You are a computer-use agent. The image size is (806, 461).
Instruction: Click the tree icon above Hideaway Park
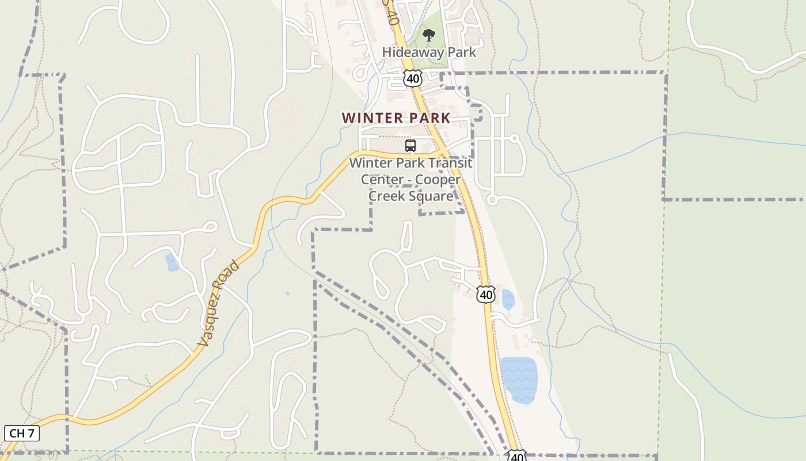pyautogui.click(x=428, y=36)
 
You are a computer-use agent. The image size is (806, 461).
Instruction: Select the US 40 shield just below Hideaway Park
pyautogui.click(x=413, y=78)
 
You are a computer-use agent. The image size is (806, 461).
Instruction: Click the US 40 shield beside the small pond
pyautogui.click(x=486, y=294)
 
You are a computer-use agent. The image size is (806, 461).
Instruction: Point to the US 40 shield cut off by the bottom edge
pyautogui.click(x=517, y=456)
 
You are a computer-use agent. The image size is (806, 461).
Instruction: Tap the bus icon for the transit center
pyautogui.click(x=410, y=146)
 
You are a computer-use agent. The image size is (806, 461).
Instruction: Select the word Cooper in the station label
pyautogui.click(x=438, y=180)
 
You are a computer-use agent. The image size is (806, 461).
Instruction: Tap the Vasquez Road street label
pyautogui.click(x=218, y=304)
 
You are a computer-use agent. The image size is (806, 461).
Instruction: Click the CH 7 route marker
pyautogui.click(x=22, y=433)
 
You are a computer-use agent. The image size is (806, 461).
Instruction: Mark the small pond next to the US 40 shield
pyautogui.click(x=508, y=300)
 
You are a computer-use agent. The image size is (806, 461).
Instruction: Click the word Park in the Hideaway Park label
pyautogui.click(x=463, y=52)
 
